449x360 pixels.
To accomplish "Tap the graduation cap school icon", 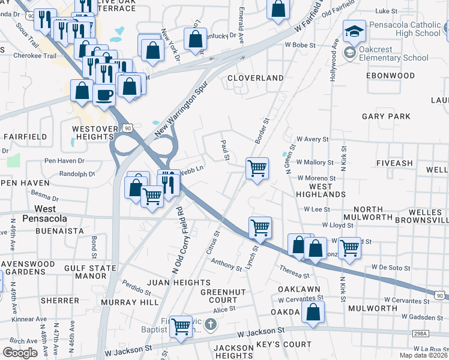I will tap(354, 31).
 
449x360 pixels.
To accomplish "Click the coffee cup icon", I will tap(104, 94).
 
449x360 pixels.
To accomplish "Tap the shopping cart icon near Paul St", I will tap(257, 168).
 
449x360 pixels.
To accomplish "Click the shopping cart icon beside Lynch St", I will tap(260, 227).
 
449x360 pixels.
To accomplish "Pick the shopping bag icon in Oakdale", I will tap(313, 312).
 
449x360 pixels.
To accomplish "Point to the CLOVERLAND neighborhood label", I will tap(255, 78).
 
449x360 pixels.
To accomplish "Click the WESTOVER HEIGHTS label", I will tap(92, 133).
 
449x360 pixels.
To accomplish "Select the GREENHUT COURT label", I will tap(219, 296).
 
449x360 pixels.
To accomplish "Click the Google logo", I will tap(20, 352).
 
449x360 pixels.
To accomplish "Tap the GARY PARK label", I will tap(386, 116).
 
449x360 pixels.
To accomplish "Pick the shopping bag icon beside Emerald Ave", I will tap(277, 9).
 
